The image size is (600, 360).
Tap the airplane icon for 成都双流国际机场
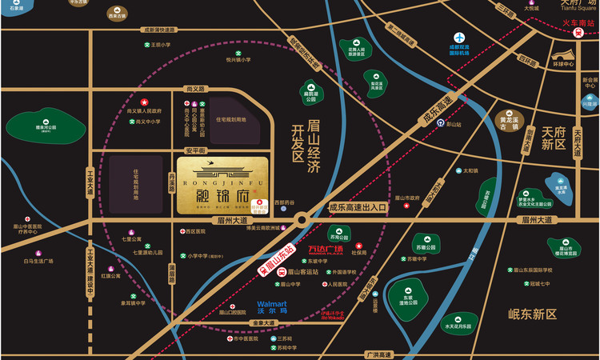460,38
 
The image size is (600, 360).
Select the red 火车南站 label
579,23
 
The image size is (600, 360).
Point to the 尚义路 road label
196,89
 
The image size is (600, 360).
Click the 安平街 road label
195,150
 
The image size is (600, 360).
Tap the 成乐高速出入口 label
358,207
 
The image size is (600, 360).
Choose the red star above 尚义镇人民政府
145,102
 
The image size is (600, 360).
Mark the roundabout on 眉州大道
302,219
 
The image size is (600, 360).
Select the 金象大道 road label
262,323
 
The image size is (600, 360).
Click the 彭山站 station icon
450,125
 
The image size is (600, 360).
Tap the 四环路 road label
526,59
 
